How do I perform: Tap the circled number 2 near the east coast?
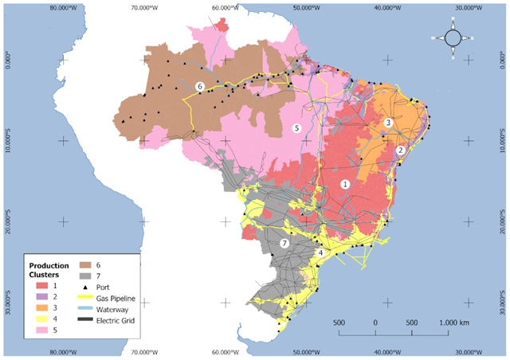pyautogui.click(x=401, y=149)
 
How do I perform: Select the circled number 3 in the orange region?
pyautogui.click(x=388, y=123)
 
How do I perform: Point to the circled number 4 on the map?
pyautogui.click(x=320, y=252)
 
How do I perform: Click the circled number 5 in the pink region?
pyautogui.click(x=296, y=128)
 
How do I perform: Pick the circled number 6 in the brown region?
pyautogui.click(x=200, y=86)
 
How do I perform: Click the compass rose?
pyautogui.click(x=452, y=37)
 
